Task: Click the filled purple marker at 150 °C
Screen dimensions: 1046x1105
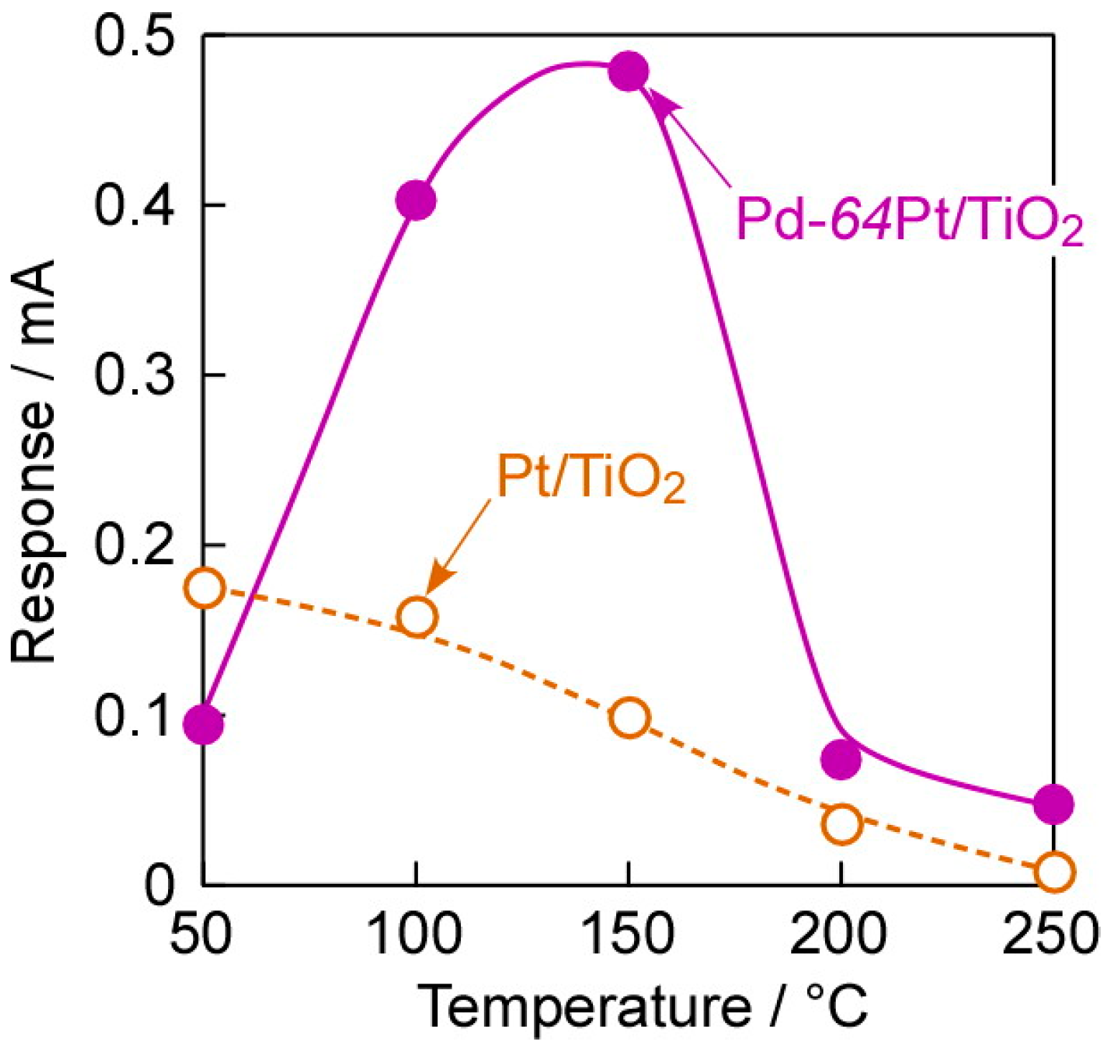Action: click(628, 71)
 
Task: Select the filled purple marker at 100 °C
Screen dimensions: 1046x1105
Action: click(416, 200)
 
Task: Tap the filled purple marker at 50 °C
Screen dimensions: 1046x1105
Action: click(204, 724)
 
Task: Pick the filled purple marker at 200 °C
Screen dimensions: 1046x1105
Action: click(841, 759)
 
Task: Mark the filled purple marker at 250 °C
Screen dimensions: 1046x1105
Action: click(1053, 804)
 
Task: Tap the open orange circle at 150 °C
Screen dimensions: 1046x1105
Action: click(629, 718)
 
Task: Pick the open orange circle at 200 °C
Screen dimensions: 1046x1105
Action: click(841, 824)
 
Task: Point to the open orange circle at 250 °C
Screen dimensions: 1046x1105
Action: click(1053, 872)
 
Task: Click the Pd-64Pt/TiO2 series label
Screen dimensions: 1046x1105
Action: click(909, 220)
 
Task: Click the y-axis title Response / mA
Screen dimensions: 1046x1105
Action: click(34, 461)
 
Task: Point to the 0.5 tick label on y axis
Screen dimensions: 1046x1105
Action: click(134, 36)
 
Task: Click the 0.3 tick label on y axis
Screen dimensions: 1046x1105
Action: click(134, 375)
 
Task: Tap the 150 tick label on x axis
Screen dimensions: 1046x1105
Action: click(628, 934)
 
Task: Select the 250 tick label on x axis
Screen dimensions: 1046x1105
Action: click(1050, 934)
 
